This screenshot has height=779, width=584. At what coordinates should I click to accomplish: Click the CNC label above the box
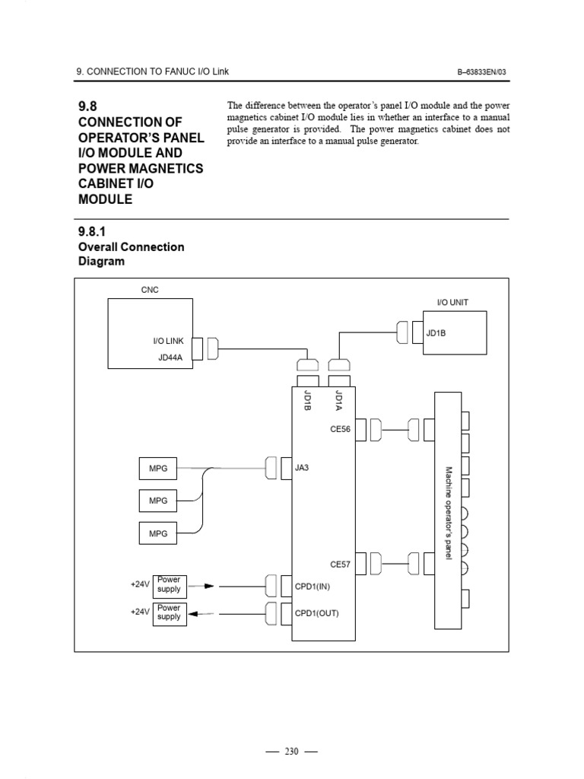tap(150, 290)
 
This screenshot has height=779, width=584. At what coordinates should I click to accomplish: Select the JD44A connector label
tap(171, 358)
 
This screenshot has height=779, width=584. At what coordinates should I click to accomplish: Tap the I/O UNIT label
tap(452, 302)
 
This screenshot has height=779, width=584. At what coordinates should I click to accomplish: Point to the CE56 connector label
tap(340, 429)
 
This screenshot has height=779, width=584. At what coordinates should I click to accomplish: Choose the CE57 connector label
tap(340, 564)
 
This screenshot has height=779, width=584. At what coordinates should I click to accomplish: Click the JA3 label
tap(302, 468)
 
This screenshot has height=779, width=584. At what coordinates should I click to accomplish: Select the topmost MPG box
tap(158, 469)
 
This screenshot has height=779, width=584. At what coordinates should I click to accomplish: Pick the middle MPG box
tap(158, 501)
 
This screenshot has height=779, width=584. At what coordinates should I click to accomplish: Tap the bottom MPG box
tap(158, 534)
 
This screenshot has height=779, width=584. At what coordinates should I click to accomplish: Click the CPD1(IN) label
tap(313, 587)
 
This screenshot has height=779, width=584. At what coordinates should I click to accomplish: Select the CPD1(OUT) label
tap(317, 613)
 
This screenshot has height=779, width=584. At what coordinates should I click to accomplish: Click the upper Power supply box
tap(169, 584)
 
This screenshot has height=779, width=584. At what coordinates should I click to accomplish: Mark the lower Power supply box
tap(169, 612)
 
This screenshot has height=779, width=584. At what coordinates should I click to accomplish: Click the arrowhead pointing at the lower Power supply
tap(194, 613)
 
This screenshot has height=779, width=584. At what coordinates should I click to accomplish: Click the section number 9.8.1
tap(95, 231)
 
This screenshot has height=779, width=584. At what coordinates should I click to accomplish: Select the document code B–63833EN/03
tap(481, 72)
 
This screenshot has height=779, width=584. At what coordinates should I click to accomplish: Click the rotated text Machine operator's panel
tap(449, 514)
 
